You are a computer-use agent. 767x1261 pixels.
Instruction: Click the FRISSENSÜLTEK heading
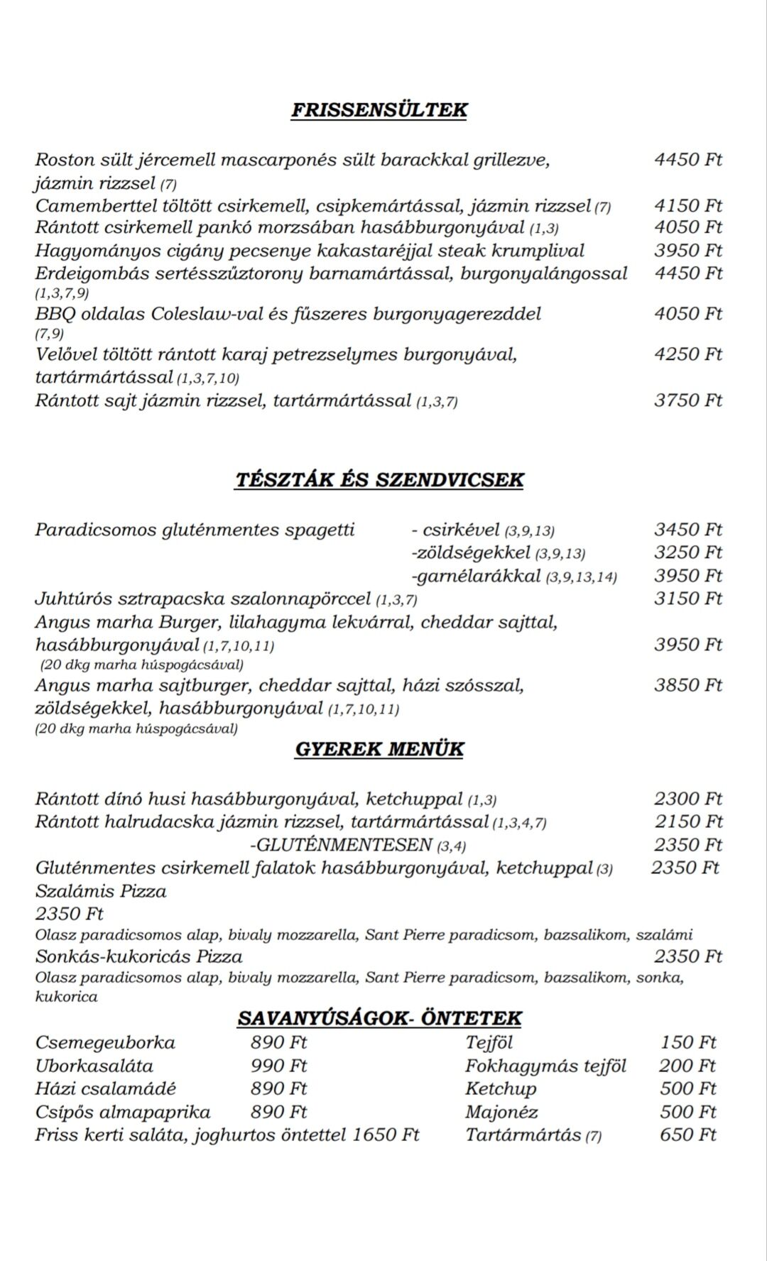tap(379, 110)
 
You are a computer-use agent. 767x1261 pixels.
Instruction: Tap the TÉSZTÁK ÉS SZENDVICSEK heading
tap(379, 479)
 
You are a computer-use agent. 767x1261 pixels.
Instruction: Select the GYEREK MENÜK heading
tap(379, 749)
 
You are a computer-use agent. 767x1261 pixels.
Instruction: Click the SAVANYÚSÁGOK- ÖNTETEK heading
tap(379, 1018)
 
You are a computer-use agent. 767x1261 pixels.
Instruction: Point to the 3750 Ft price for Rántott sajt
tap(687, 400)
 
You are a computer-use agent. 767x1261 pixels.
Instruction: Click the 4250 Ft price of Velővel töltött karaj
tap(687, 354)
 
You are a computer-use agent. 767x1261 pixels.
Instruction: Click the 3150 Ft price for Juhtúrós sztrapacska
tap(687, 599)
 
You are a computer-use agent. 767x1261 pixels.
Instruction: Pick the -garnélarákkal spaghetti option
tap(476, 576)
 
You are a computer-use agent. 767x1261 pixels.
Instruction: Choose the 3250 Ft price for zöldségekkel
tap(687, 552)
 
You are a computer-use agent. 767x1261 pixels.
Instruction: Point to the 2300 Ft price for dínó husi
tap(687, 799)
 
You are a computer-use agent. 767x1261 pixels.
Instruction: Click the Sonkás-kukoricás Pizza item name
tap(139, 956)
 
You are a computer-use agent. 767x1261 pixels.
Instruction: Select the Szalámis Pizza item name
tap(101, 891)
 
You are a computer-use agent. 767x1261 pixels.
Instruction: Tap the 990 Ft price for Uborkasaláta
tap(278, 1066)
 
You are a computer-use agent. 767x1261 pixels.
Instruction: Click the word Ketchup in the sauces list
tap(501, 1088)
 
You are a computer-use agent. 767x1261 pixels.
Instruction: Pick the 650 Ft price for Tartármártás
tap(687, 1135)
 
